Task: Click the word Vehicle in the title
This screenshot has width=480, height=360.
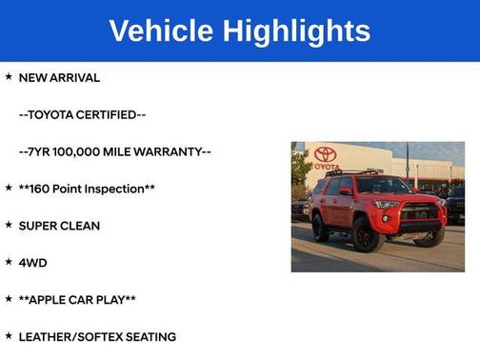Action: (x=161, y=30)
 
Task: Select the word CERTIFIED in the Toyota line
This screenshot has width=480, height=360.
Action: (x=112, y=114)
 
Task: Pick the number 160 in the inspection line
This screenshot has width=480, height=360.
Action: (x=41, y=189)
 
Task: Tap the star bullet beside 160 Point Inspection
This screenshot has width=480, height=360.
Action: (x=9, y=188)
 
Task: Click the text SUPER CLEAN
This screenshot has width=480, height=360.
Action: (x=59, y=226)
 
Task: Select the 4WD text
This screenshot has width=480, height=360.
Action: (x=32, y=262)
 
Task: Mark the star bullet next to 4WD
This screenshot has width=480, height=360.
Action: (x=9, y=261)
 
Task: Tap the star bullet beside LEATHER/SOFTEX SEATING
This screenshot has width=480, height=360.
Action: (x=9, y=335)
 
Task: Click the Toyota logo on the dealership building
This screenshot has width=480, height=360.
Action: (x=326, y=154)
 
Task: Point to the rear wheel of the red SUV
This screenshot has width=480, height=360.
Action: (x=321, y=227)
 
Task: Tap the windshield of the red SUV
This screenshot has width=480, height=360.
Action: (x=382, y=186)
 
